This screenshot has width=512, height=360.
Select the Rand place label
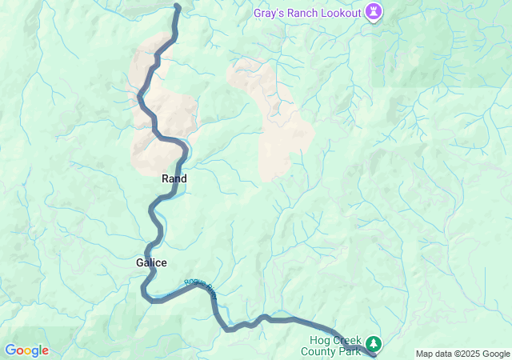click(x=174, y=179)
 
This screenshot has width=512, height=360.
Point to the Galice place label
click(x=150, y=262)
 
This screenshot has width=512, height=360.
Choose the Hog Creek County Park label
click(x=331, y=345)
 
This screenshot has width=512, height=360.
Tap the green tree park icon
click(x=374, y=345)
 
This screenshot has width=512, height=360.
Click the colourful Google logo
click(x=26, y=350)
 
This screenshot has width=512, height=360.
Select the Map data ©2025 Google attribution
click(x=462, y=354)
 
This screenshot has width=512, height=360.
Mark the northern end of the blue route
click(x=177, y=7)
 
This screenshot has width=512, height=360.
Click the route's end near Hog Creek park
click(x=374, y=356)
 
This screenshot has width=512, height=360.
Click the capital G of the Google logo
click(x=11, y=350)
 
